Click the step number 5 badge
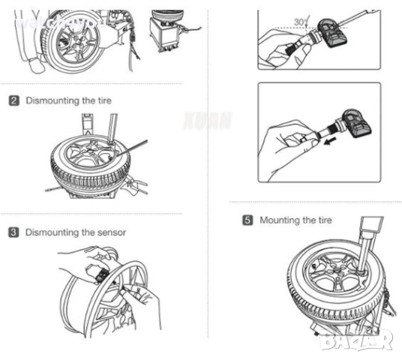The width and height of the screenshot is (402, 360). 247,220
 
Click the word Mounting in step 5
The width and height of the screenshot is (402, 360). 278,220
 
